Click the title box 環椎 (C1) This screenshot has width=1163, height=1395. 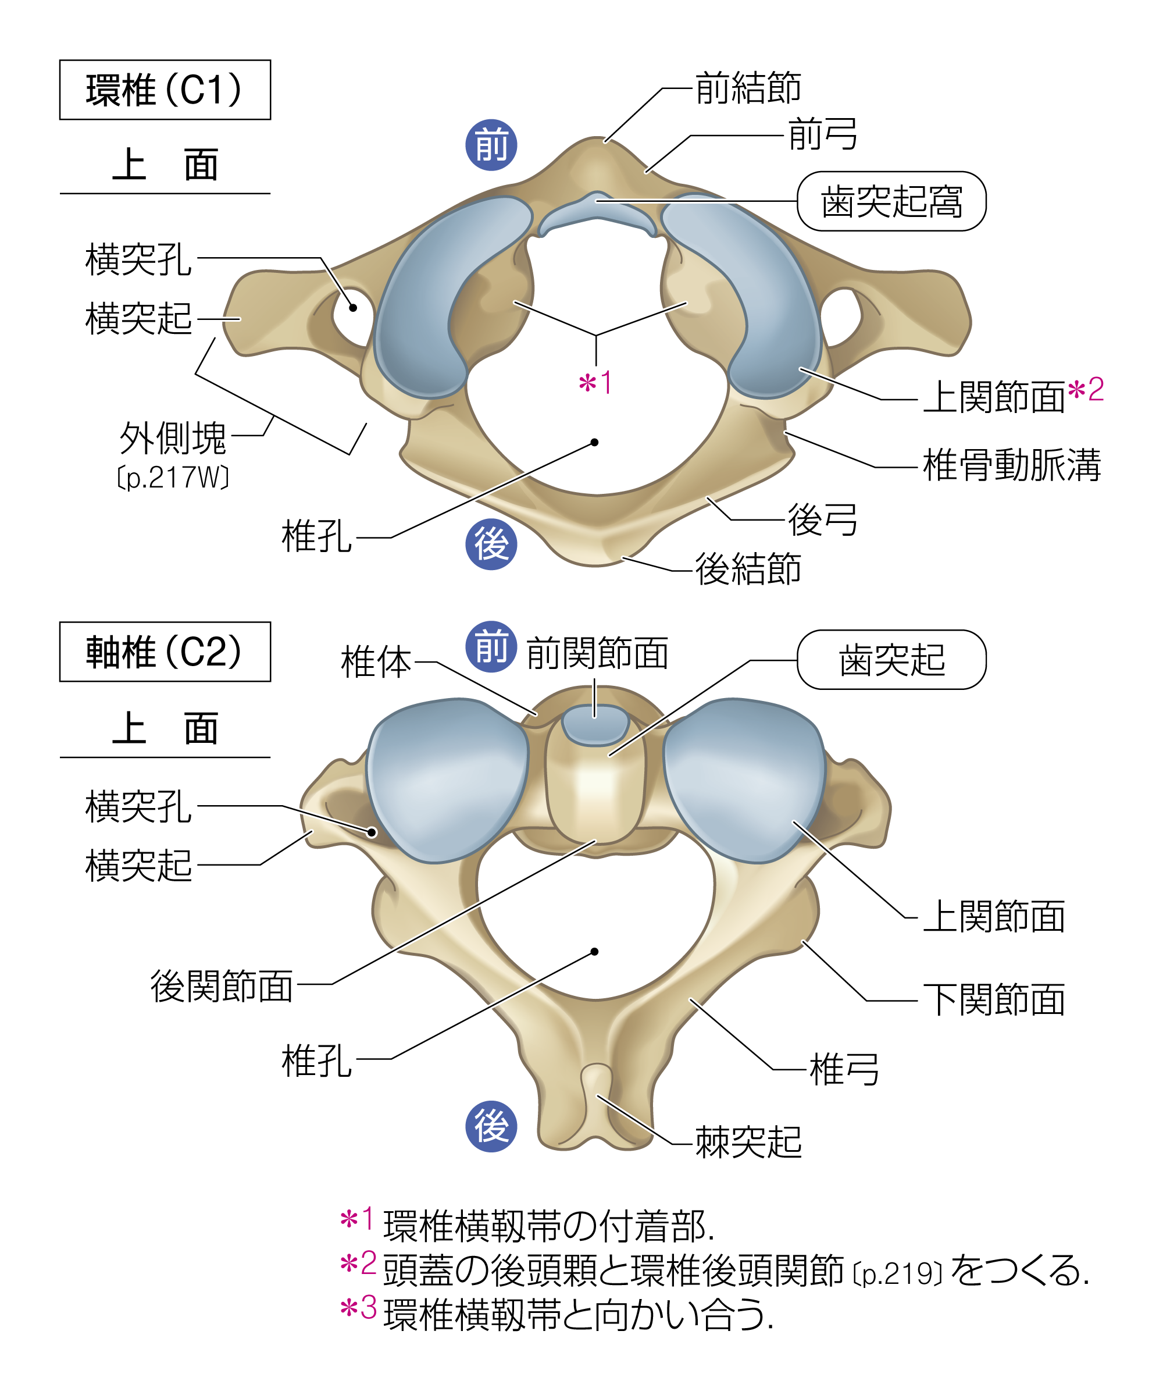(x=165, y=90)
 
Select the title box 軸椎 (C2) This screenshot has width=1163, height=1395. (x=165, y=652)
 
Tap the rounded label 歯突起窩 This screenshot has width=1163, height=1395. (x=891, y=201)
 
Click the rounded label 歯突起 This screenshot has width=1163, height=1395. (x=891, y=660)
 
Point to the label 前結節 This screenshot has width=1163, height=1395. (x=748, y=88)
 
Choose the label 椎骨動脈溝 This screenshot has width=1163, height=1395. (x=1012, y=465)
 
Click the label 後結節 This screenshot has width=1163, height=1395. (x=748, y=570)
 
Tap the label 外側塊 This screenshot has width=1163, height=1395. (x=173, y=438)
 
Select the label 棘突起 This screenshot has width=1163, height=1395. (x=748, y=1143)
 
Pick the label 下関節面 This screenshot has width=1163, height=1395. (x=994, y=1000)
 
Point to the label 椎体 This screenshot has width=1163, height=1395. (x=376, y=662)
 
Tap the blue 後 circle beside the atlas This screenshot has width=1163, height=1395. (x=491, y=545)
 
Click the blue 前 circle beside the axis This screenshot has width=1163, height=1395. (x=491, y=647)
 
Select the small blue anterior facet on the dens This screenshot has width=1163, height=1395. (x=595, y=724)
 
